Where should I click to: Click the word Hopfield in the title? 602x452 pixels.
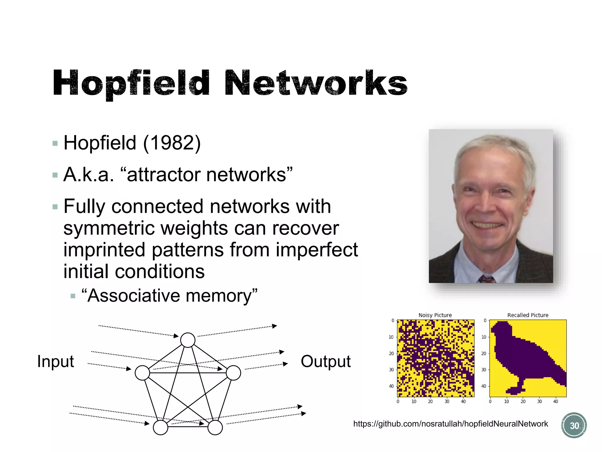click(x=131, y=83)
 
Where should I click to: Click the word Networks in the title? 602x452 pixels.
click(x=316, y=83)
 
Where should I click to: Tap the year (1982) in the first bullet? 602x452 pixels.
click(x=172, y=143)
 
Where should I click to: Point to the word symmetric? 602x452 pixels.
click(x=109, y=228)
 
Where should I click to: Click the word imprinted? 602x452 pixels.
click(x=104, y=250)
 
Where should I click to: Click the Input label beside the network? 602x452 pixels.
click(x=56, y=361)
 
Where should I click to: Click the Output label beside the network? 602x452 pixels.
click(x=326, y=361)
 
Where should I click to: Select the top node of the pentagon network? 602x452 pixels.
click(x=188, y=340)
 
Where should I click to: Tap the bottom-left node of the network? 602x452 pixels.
click(x=160, y=428)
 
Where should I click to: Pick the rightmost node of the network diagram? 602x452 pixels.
click(x=233, y=373)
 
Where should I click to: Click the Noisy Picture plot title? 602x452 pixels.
click(x=435, y=315)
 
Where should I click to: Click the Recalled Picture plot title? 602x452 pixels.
click(x=528, y=315)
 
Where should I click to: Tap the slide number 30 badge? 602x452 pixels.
click(x=574, y=426)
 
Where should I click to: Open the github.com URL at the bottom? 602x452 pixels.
click(x=450, y=424)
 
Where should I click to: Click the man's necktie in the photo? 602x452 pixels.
click(x=486, y=278)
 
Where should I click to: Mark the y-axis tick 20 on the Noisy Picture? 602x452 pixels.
click(x=391, y=353)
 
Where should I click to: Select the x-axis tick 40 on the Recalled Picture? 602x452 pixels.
click(x=556, y=401)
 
